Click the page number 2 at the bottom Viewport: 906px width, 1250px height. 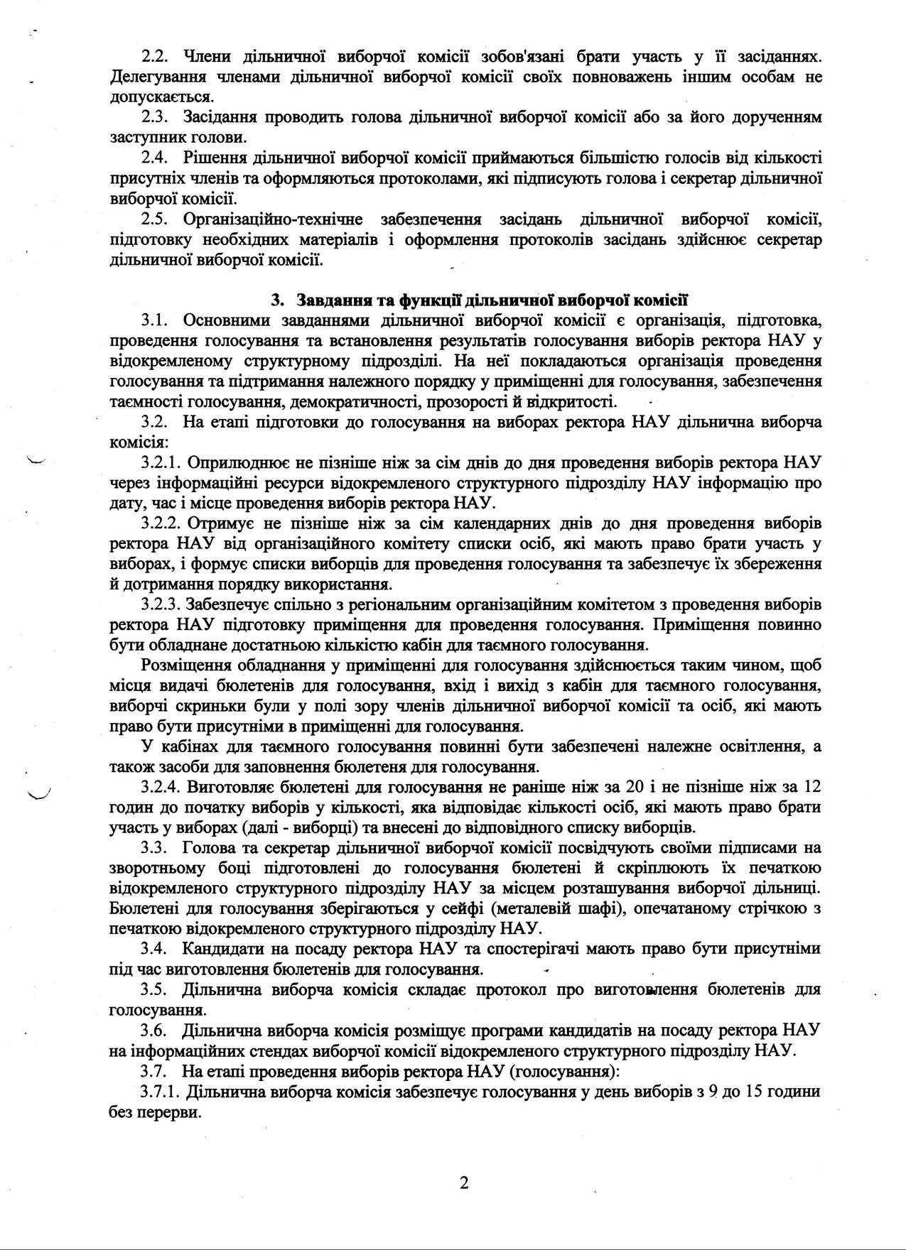[464, 1183]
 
